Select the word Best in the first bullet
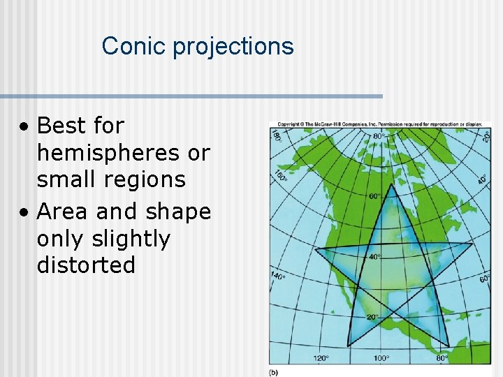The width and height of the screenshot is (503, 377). coord(61,126)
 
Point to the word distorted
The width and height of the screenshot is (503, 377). coord(86,265)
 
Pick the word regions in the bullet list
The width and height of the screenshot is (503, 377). coord(145,179)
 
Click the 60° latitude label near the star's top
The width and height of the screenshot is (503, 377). coord(376,196)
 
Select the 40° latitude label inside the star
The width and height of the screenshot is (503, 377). coord(374,257)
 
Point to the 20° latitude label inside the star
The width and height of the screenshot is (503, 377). coord(373,317)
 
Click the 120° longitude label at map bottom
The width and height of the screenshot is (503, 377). coord(321,358)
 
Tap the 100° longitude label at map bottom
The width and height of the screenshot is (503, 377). coord(381,358)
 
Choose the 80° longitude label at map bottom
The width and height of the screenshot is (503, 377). coord(441,358)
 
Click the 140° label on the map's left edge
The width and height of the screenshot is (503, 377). coord(277,275)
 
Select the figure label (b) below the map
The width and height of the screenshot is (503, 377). coord(275,372)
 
